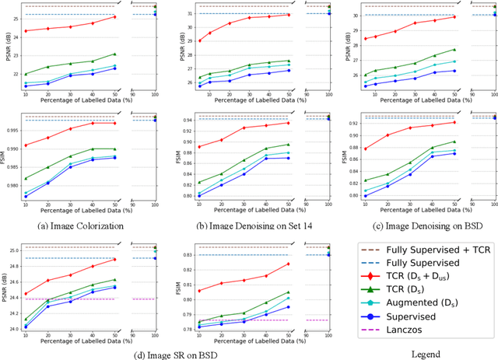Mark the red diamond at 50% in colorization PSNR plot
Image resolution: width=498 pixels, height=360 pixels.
(x=114, y=17)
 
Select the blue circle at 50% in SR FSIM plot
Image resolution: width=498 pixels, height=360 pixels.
(x=287, y=307)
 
